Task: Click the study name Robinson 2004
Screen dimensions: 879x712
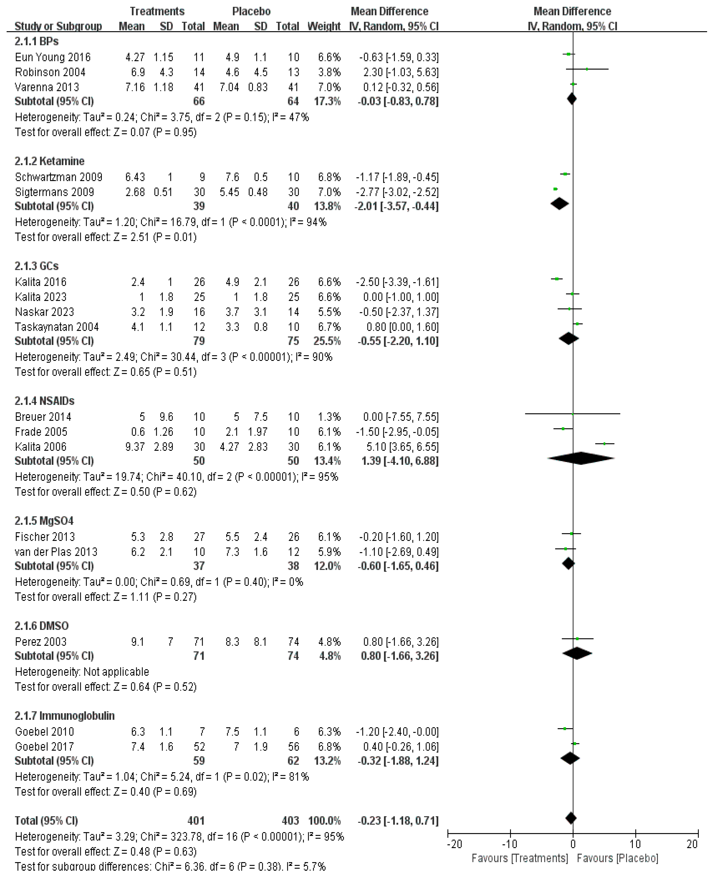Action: click(50, 72)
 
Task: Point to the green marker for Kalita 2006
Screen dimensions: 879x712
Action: click(604, 443)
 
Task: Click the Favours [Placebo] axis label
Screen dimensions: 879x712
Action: click(617, 858)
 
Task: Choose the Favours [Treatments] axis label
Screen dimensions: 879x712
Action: click(520, 858)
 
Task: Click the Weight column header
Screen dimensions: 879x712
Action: click(324, 26)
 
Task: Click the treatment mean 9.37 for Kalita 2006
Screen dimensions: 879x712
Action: click(135, 447)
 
